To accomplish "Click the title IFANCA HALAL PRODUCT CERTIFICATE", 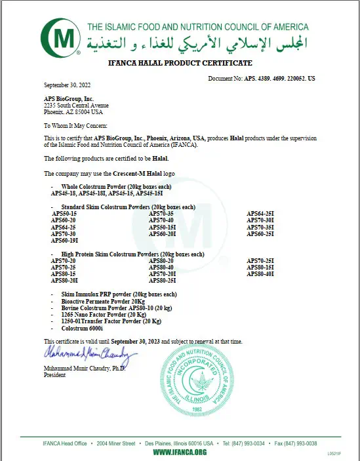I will [179, 63].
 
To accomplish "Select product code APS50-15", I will [64, 214].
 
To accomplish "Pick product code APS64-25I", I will [260, 214].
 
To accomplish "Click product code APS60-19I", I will [65, 241].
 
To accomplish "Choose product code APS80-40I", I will [260, 274].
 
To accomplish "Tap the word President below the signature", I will [54, 375].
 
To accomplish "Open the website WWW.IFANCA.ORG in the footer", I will [180, 452].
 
